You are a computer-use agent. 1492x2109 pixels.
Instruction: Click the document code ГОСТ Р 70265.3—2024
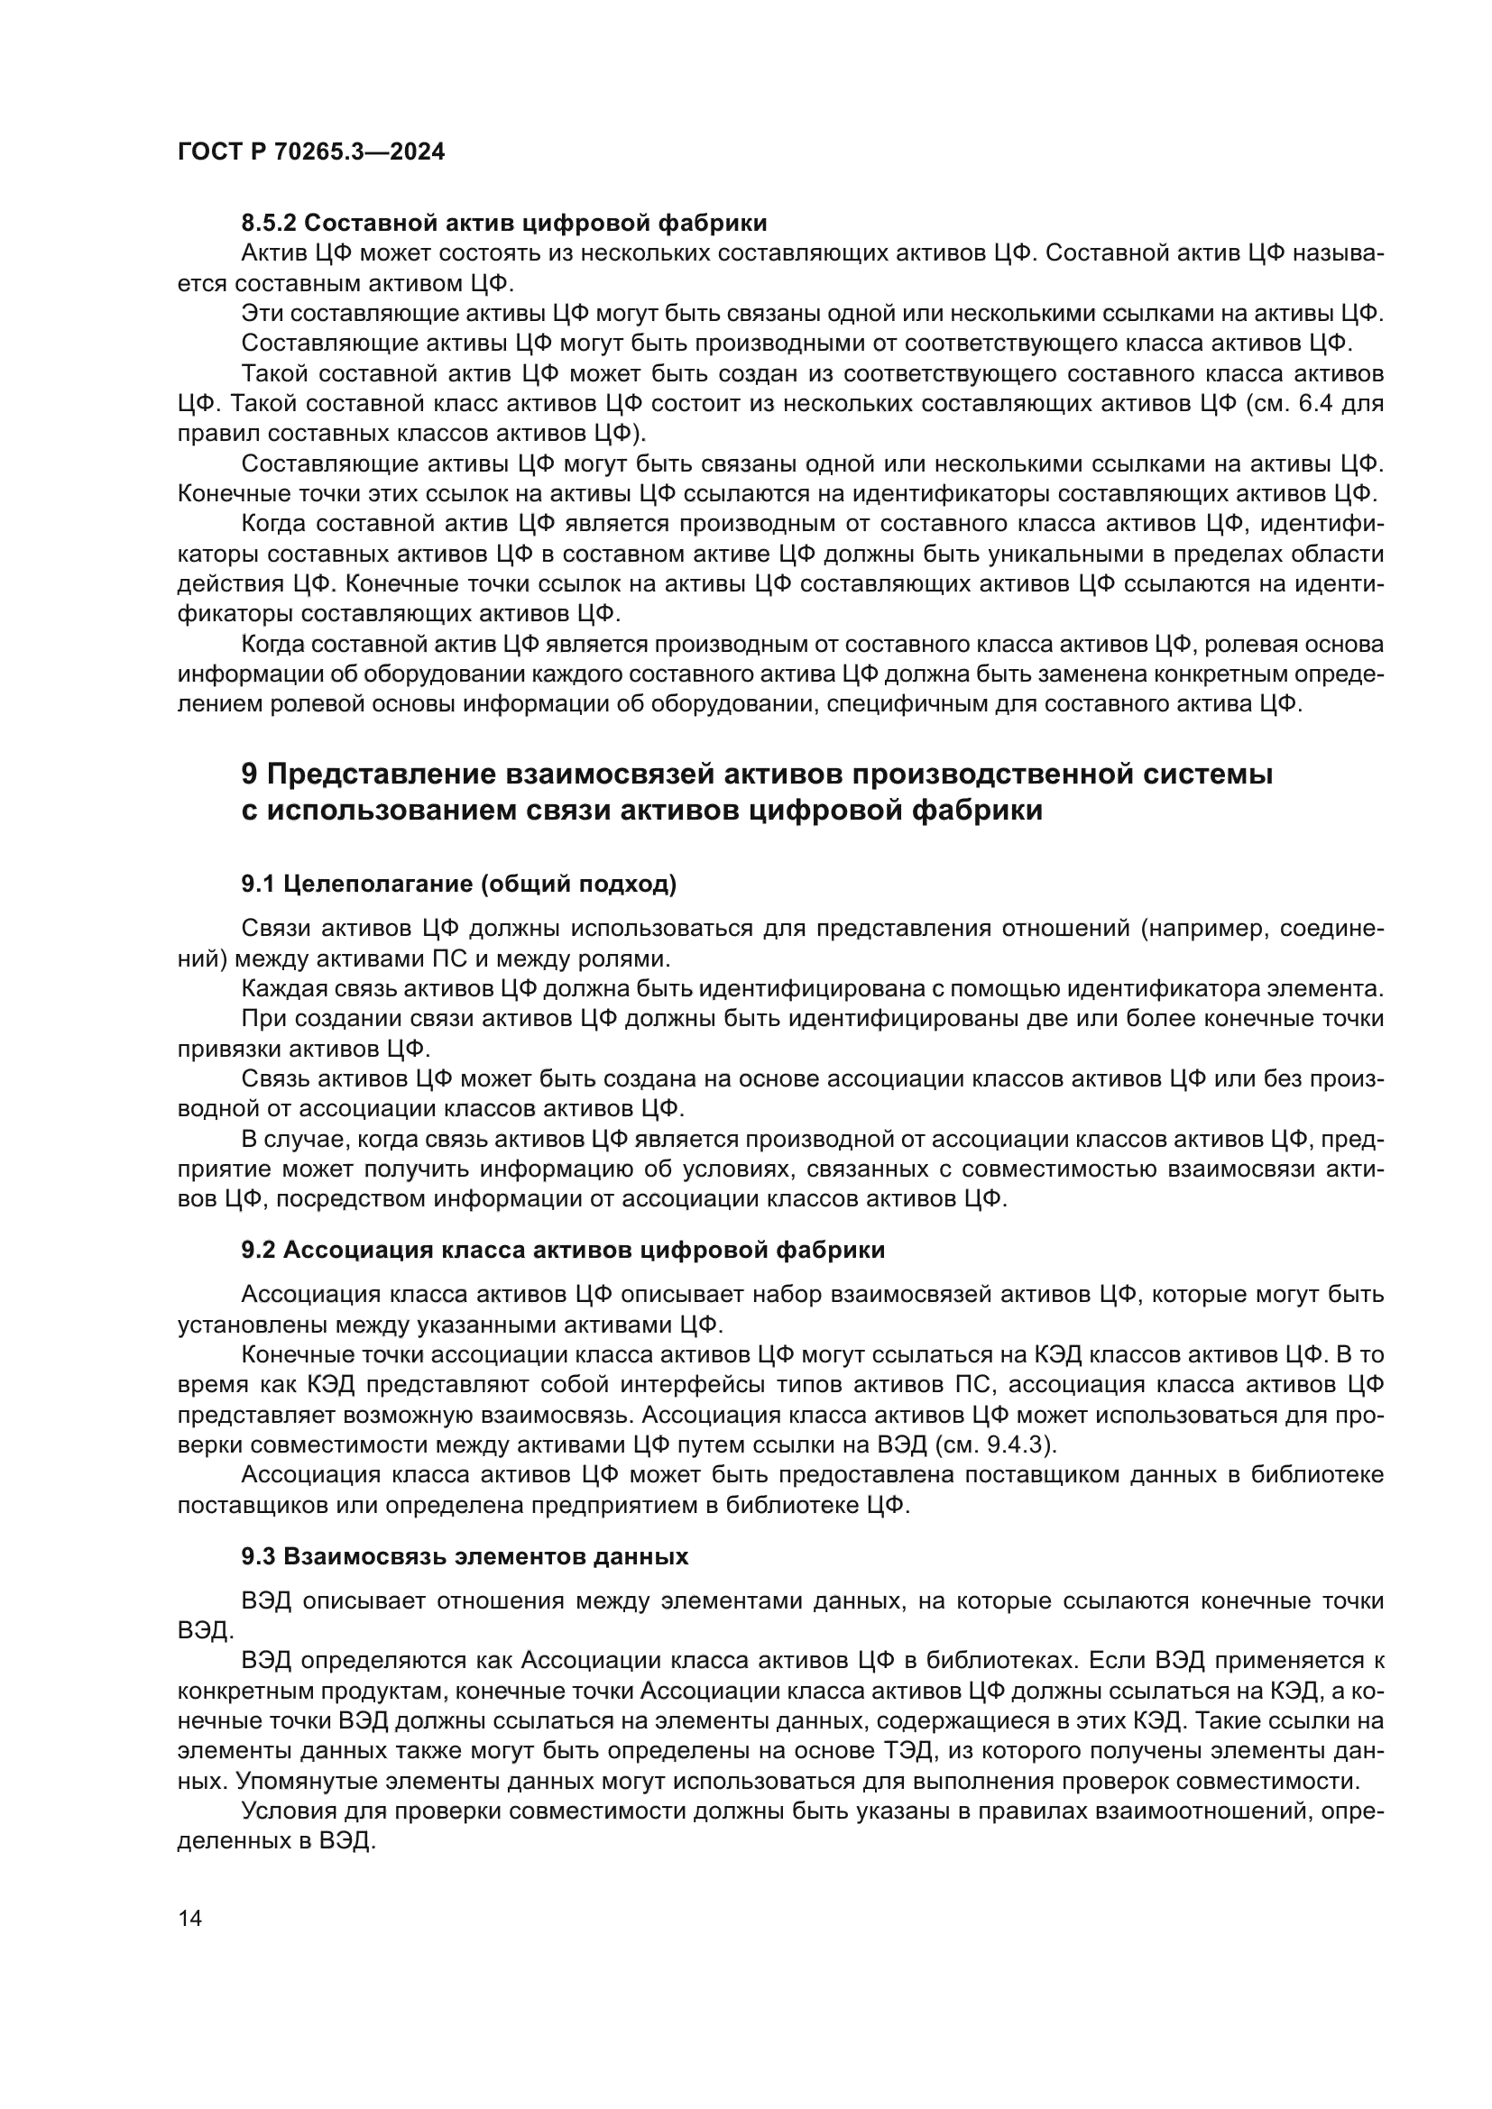point(310,152)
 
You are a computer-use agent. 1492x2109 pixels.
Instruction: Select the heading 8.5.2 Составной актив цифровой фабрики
point(503,224)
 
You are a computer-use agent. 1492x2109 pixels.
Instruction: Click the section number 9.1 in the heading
point(258,884)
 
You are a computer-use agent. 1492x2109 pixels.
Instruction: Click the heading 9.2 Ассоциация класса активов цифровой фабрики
point(562,1249)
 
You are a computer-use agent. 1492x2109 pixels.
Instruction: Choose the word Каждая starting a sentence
point(279,989)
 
